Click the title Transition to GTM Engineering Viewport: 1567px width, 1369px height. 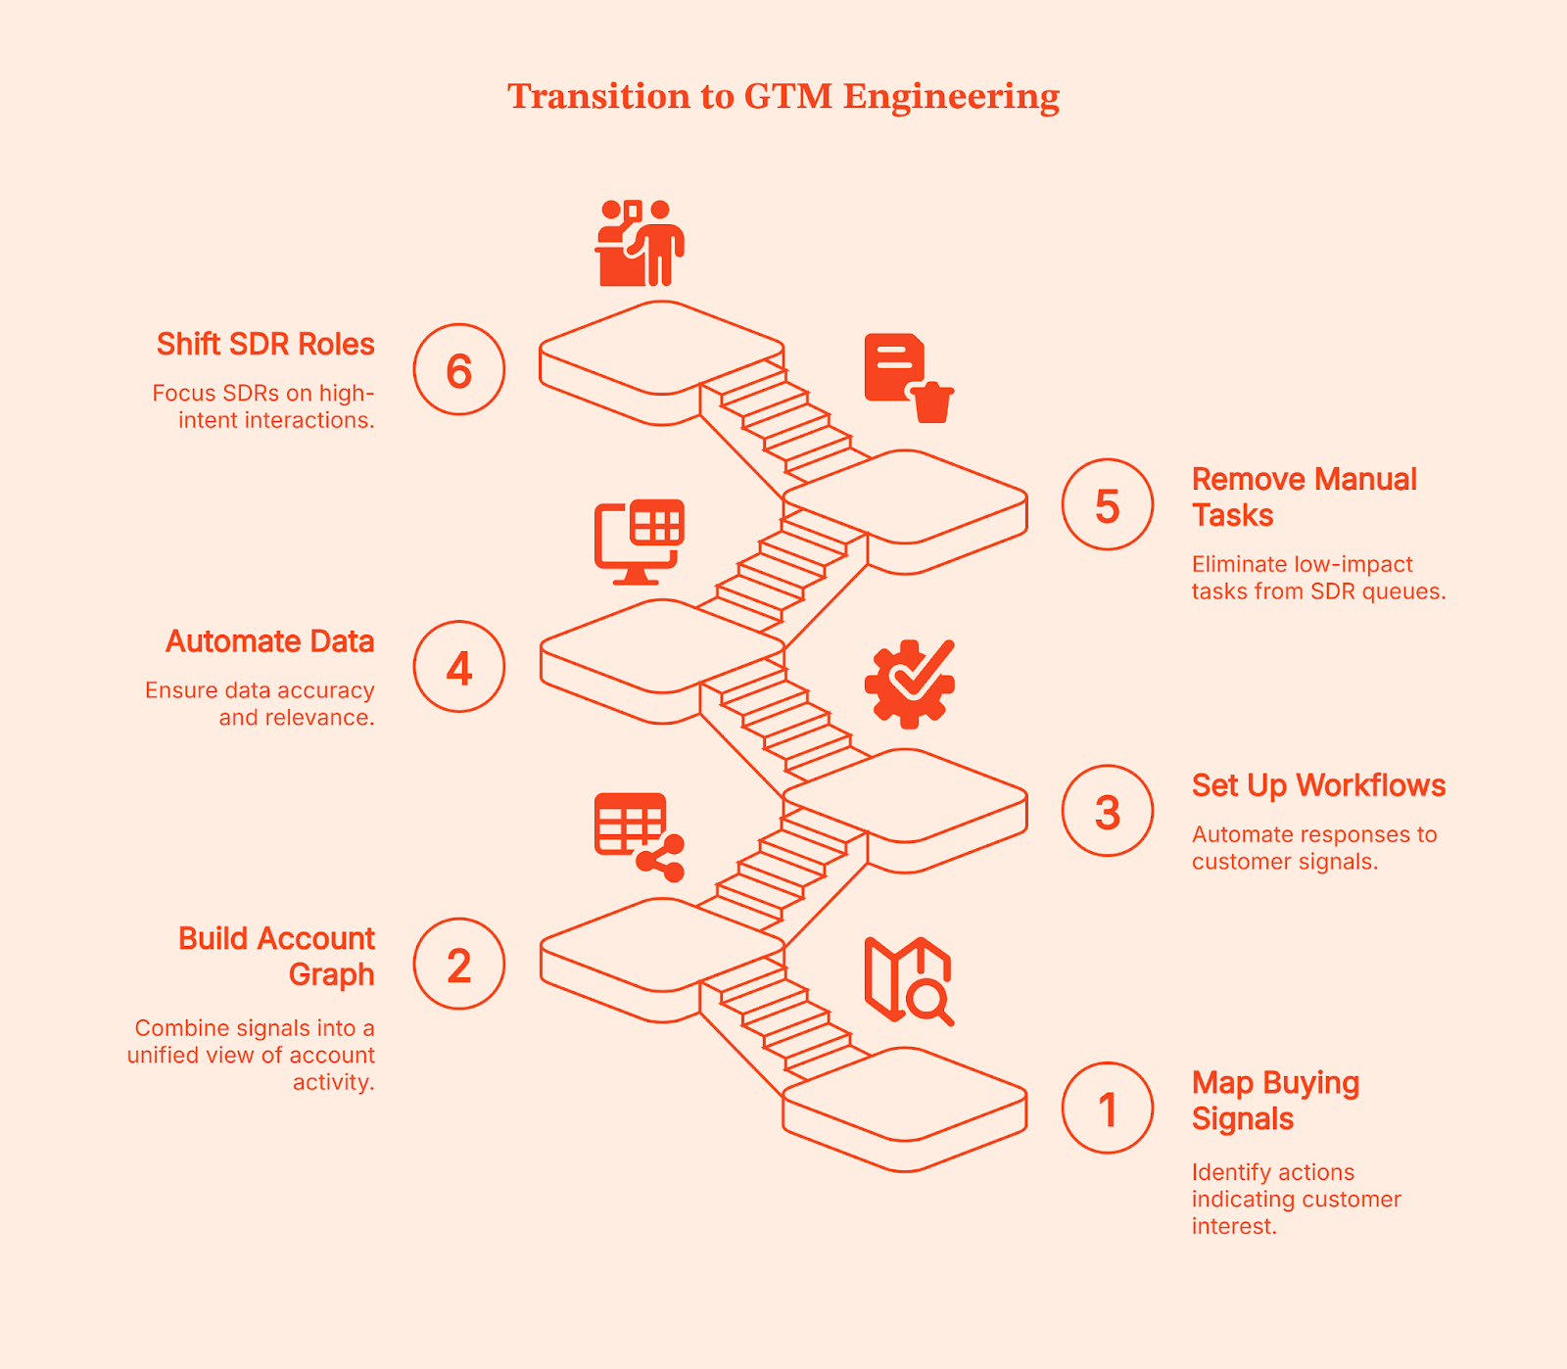pos(783,96)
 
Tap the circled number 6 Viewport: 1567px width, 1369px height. pos(458,370)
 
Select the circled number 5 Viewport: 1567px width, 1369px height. pos(1108,505)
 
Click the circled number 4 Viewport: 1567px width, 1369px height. pos(458,667)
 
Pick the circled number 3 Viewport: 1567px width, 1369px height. pos(1108,812)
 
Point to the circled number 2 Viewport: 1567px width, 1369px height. pos(458,965)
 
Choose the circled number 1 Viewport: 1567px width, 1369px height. pos(1108,1109)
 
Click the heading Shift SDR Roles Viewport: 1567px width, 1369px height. pos(265,345)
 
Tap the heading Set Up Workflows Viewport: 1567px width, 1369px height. pos(1318,785)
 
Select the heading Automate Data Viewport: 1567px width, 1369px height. pos(270,641)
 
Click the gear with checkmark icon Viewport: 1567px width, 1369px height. pos(910,684)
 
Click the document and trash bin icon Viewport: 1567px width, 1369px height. pos(908,378)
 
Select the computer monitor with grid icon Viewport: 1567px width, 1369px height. pos(639,542)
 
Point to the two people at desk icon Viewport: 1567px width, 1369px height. pos(639,244)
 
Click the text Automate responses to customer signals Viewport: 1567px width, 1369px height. pos(1313,848)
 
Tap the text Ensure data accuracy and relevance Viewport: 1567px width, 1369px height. pos(261,703)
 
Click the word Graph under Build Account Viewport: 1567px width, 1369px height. pos(331,975)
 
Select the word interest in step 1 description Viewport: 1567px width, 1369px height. pos(1233,1226)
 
